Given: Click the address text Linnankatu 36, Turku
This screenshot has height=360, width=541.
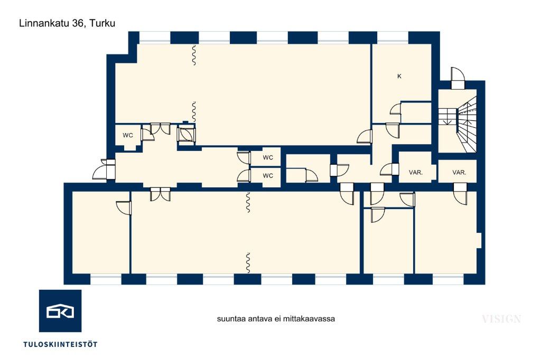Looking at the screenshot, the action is (x=67, y=23).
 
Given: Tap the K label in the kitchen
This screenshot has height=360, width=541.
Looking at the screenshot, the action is (x=399, y=76).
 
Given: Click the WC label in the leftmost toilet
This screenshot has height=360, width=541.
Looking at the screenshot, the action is (x=128, y=136).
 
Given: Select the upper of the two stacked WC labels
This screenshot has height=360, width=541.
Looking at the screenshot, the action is (x=268, y=158).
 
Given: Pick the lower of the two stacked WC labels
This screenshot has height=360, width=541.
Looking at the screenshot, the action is (x=268, y=176).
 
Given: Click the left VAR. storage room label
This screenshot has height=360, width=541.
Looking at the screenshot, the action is (x=416, y=173).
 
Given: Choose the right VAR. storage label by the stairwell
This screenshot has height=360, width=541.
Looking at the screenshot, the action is (x=459, y=173).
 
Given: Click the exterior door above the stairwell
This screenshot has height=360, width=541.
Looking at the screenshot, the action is (x=458, y=78).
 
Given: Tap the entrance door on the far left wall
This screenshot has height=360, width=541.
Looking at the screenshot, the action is (x=105, y=169).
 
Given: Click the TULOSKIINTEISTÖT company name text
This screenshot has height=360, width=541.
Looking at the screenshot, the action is (x=60, y=344).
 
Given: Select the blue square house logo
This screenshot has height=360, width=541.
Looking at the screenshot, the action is (x=60, y=311).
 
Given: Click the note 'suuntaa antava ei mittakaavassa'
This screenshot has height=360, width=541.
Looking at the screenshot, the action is (x=276, y=319).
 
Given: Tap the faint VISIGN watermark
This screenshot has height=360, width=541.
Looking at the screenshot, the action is (x=501, y=319).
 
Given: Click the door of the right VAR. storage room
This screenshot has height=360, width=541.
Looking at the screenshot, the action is (x=460, y=194).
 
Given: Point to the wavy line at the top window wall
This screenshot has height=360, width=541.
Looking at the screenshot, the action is (x=194, y=55).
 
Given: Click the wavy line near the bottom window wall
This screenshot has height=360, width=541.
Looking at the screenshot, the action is (x=248, y=263).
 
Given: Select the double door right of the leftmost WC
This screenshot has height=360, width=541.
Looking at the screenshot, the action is (x=161, y=129).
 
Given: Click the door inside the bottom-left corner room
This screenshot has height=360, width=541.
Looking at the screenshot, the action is (x=124, y=208).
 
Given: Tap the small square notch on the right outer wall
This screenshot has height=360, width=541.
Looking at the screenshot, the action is (x=479, y=240).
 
